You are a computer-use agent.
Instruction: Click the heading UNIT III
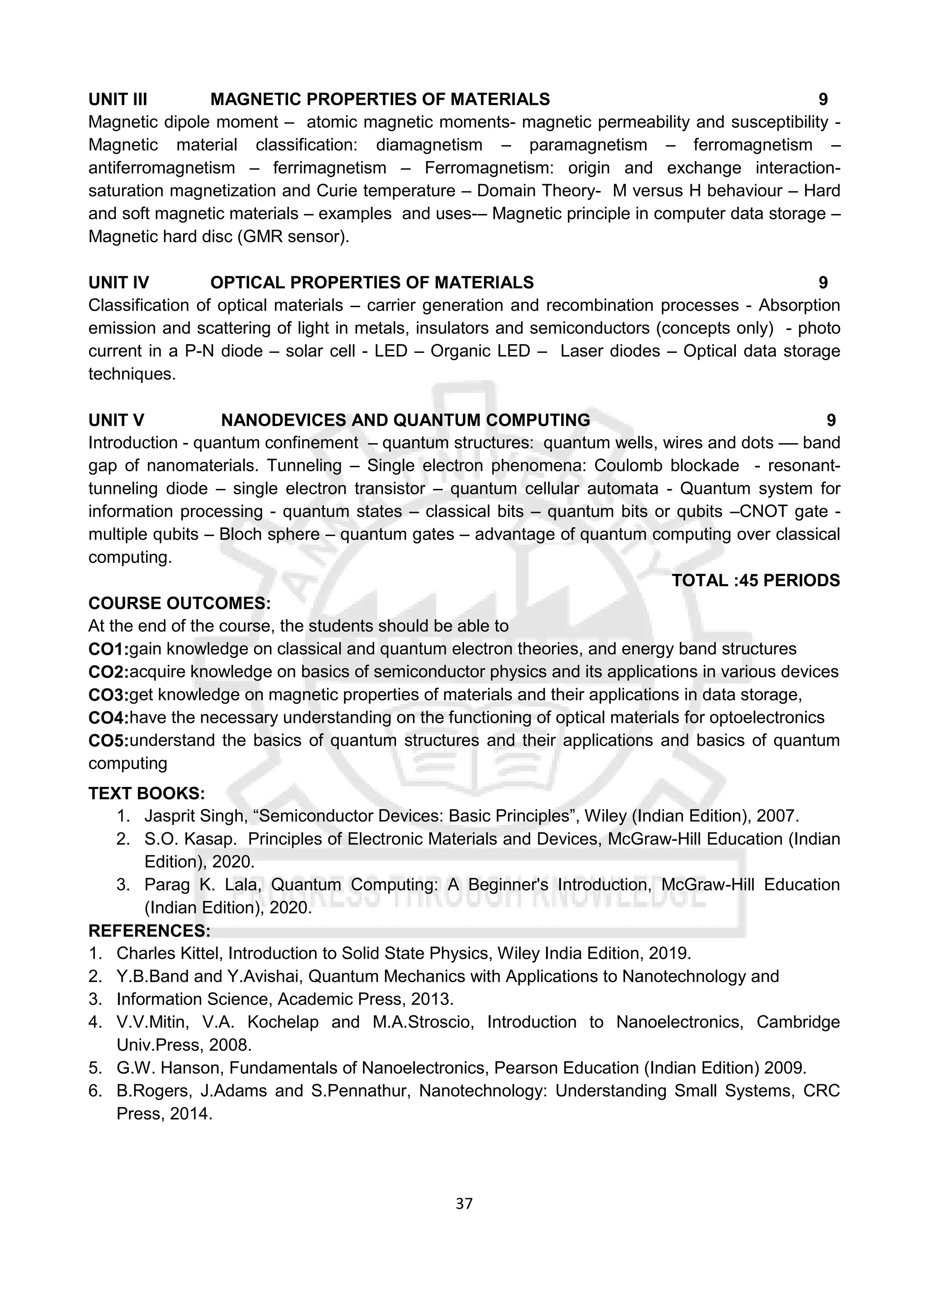(x=117, y=99)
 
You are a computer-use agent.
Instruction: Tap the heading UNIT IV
(x=118, y=283)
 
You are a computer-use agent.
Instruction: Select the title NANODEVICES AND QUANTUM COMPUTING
(x=405, y=420)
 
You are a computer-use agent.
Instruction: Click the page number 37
(x=464, y=1204)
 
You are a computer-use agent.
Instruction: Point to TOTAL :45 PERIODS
(x=755, y=581)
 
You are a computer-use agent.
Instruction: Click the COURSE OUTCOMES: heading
(x=179, y=603)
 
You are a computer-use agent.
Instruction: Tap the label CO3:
(x=108, y=695)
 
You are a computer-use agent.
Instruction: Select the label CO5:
(x=108, y=741)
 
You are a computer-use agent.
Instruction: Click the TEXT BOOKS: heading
(x=147, y=793)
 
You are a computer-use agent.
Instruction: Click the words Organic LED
(x=480, y=351)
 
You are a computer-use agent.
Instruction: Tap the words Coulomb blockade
(x=666, y=465)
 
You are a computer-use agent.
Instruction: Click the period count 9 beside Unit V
(x=831, y=420)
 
